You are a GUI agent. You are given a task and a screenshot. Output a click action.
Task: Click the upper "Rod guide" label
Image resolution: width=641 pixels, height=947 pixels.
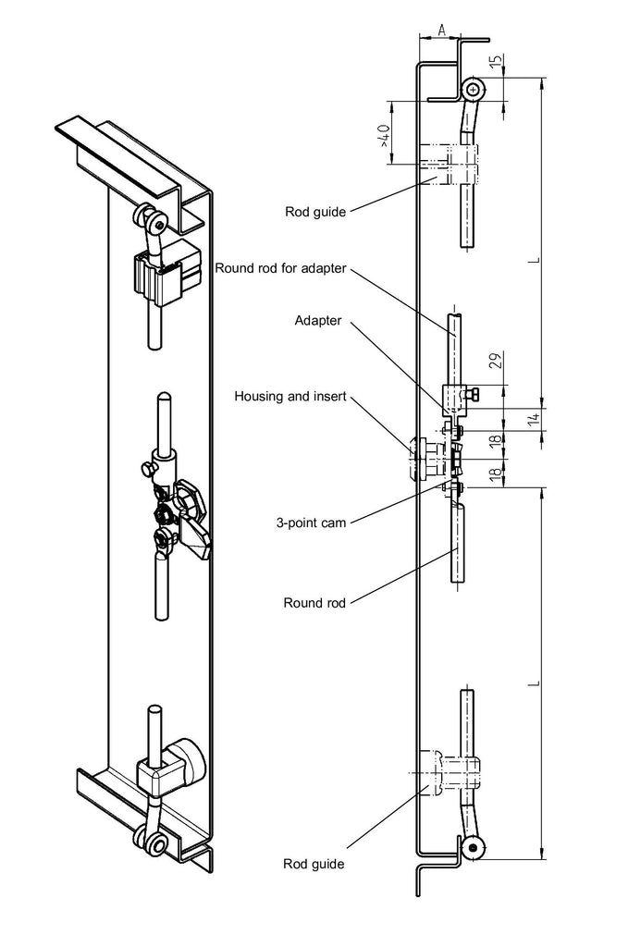coord(315,212)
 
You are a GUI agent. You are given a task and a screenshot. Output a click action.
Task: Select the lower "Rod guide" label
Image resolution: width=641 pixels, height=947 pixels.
coord(314,864)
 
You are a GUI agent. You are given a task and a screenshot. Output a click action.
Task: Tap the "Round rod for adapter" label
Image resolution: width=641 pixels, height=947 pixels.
coord(279,269)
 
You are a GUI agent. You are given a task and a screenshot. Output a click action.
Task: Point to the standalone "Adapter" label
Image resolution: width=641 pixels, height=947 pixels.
coord(318,321)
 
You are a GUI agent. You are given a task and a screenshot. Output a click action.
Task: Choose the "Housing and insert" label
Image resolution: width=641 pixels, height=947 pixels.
coord(290,396)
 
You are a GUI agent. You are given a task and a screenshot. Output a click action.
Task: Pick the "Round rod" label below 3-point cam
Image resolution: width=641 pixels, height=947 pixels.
coord(314,603)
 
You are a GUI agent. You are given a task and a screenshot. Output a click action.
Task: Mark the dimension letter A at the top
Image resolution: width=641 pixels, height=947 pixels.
coord(442,31)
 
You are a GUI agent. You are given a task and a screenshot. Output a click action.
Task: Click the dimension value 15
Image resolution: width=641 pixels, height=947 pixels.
coord(496,64)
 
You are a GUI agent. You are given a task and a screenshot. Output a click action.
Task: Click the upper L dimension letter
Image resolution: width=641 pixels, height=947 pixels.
coord(535,262)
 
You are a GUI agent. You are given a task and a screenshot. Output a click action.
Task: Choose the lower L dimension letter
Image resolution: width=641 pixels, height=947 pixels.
coord(535,683)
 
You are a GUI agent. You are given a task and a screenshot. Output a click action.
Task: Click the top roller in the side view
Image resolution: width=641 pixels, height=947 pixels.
coord(475,90)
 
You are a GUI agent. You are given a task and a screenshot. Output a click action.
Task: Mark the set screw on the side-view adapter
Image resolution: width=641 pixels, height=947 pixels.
coord(474,397)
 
